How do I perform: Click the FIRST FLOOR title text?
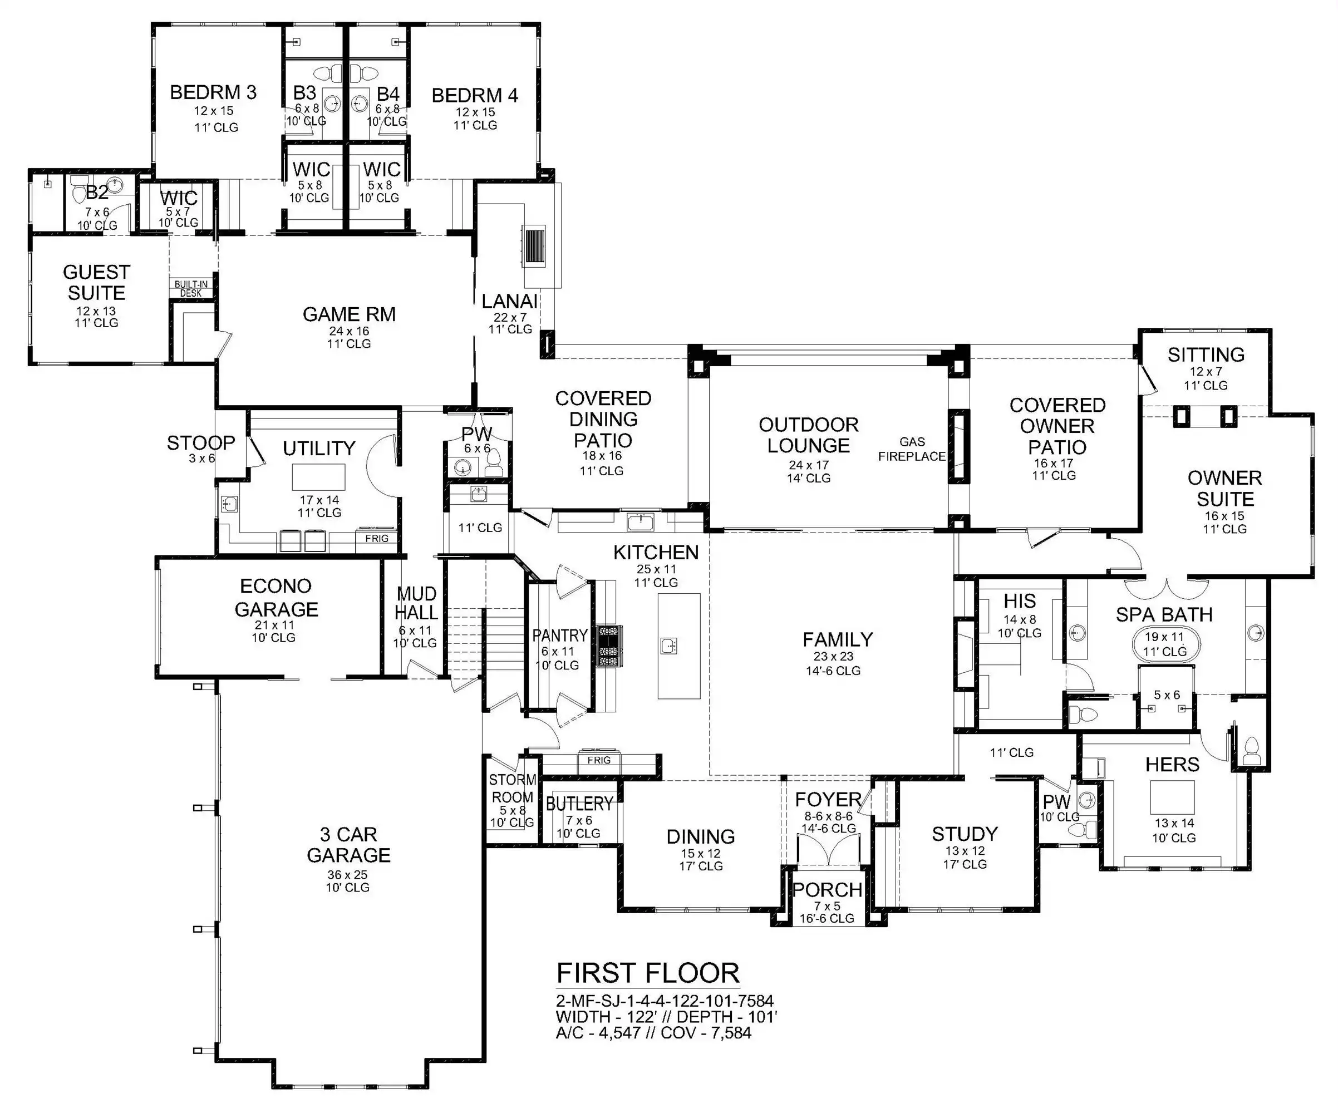[x=648, y=973]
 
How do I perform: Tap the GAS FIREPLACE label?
[x=912, y=449]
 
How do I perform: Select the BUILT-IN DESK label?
[x=191, y=289]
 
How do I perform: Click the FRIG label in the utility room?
[x=377, y=538]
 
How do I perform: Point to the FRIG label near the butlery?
[x=599, y=760]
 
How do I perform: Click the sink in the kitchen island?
[x=668, y=646]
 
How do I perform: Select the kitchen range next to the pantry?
[x=608, y=646]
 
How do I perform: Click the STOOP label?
[x=201, y=442]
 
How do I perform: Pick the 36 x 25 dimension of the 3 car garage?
[x=348, y=875]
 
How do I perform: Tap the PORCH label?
[x=828, y=889]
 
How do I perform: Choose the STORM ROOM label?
[x=512, y=788]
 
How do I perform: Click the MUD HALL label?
[x=416, y=603]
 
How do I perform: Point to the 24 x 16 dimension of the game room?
[x=349, y=331]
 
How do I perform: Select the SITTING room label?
[x=1206, y=354]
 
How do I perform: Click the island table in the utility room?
[x=318, y=477]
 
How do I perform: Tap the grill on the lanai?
[x=534, y=245]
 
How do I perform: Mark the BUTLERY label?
[x=579, y=804]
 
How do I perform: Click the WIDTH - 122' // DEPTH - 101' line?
[x=666, y=1017]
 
